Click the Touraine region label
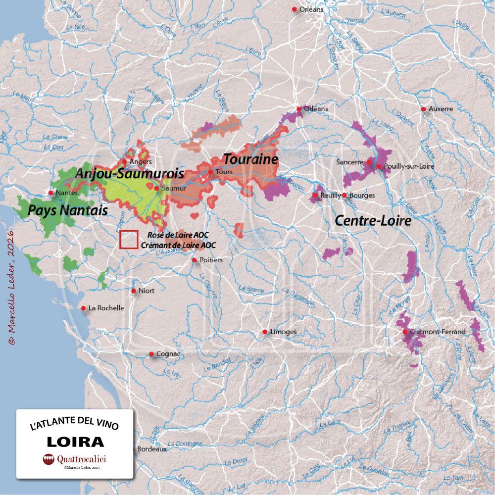pyautogui.click(x=250, y=159)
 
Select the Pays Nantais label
pyautogui.click(x=68, y=210)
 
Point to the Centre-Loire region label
pyautogui.click(x=373, y=221)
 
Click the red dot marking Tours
pyautogui.click(x=210, y=172)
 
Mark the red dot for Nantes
pyautogui.click(x=51, y=193)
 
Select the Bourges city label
pyautogui.click(x=362, y=196)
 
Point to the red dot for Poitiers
pyautogui.click(x=195, y=260)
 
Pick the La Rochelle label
pyautogui.click(x=106, y=308)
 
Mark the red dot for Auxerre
pyautogui.click(x=424, y=109)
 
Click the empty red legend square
pyautogui.click(x=129, y=240)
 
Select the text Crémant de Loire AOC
pyautogui.click(x=178, y=245)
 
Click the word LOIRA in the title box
pyautogui.click(x=75, y=442)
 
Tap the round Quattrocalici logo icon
pyautogui.click(x=49, y=459)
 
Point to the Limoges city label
pyautogui.click(x=283, y=332)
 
